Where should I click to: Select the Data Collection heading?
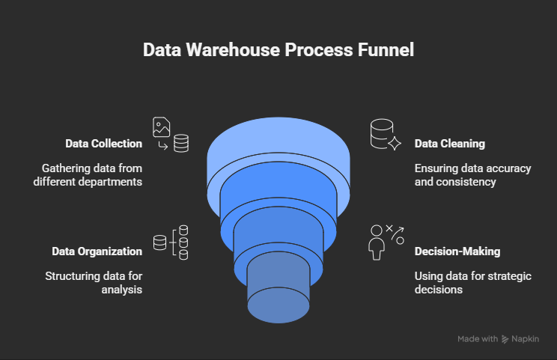click(x=103, y=144)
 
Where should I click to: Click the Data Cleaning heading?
click(x=450, y=144)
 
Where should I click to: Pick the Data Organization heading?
click(x=97, y=251)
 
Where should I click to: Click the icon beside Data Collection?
click(x=171, y=135)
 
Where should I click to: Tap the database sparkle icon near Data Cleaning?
click(x=387, y=135)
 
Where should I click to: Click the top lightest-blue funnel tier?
click(x=278, y=138)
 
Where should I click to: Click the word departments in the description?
click(x=110, y=182)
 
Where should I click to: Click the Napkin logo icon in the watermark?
click(x=505, y=339)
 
